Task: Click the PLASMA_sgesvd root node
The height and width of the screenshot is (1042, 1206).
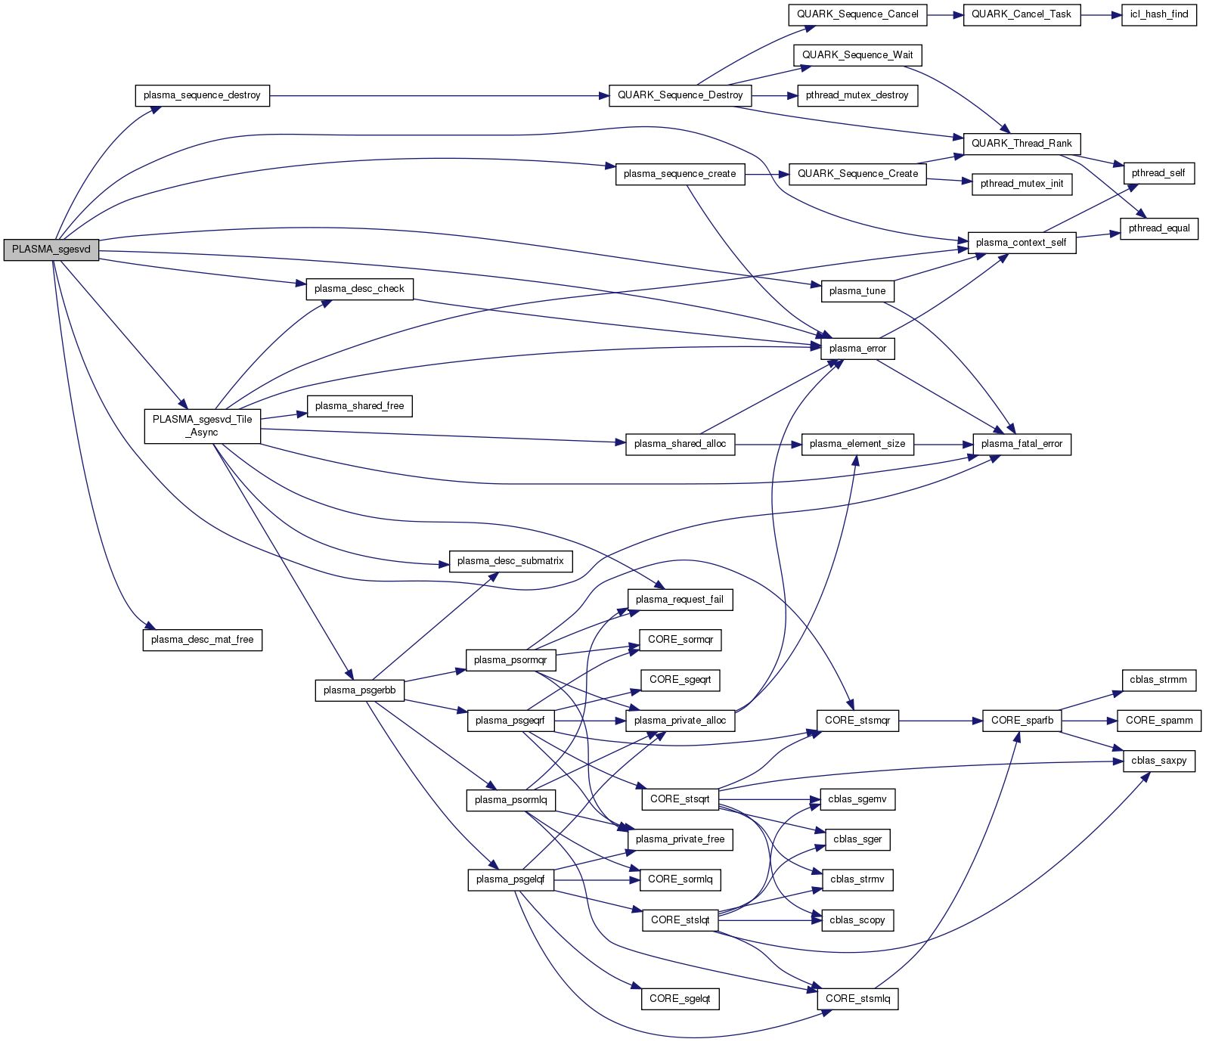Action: [51, 250]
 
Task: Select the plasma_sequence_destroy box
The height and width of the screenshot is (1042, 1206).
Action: [202, 95]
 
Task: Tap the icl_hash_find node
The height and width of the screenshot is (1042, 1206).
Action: [1158, 14]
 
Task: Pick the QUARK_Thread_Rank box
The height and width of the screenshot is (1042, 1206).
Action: [1022, 143]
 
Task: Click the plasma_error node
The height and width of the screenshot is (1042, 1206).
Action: [857, 349]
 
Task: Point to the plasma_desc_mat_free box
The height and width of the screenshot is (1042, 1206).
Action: [202, 640]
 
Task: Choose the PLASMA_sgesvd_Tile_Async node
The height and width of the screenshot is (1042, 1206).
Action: [202, 426]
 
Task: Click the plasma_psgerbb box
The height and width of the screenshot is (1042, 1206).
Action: [359, 690]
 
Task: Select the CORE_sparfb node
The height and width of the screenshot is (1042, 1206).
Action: [1022, 721]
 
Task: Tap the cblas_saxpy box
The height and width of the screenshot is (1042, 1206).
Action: [1158, 761]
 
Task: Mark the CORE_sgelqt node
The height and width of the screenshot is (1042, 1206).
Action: [680, 999]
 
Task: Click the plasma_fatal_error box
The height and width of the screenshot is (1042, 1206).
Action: [1022, 444]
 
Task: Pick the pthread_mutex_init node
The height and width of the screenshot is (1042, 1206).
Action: [1022, 184]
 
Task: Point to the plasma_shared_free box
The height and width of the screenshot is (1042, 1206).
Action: [359, 406]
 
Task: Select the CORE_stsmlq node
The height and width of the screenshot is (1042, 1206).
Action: [857, 999]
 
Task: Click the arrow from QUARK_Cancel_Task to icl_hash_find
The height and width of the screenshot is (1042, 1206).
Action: [1100, 14]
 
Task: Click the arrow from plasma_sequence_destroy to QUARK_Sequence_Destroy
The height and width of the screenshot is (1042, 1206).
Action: [439, 96]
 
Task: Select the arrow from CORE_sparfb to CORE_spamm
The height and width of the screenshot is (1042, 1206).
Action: [1089, 721]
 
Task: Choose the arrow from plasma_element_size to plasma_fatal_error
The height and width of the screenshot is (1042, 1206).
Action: [943, 444]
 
